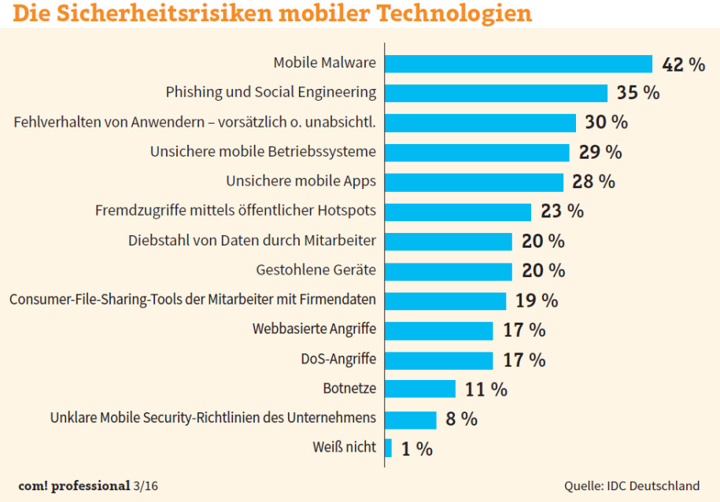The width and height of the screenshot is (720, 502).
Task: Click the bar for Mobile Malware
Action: (519, 64)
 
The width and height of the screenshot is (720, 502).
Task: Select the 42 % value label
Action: (683, 65)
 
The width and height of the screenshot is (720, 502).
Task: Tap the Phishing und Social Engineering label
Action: (271, 93)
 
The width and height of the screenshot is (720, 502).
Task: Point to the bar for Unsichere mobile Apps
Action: (474, 182)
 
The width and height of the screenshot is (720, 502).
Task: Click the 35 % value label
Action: (637, 93)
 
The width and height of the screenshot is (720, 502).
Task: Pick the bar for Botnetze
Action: (420, 389)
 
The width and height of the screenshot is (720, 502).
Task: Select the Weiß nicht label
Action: (344, 448)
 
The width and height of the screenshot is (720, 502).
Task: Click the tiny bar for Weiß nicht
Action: (388, 448)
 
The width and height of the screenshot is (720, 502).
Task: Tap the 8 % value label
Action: (461, 419)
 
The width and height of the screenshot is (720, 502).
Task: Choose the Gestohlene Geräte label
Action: (316, 270)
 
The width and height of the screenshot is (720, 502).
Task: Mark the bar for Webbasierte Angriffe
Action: (438, 330)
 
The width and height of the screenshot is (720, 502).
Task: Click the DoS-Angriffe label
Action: (338, 360)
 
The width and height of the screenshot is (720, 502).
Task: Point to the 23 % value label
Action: (562, 211)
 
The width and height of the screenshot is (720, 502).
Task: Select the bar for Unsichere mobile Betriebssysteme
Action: (477, 152)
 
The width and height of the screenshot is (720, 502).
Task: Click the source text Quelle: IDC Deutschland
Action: (631, 485)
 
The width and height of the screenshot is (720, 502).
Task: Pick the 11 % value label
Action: (486, 389)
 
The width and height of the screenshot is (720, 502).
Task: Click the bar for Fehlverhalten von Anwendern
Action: (481, 123)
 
